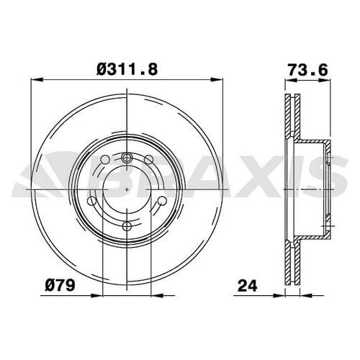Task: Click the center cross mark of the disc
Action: (127, 189)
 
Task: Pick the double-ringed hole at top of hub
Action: (127, 159)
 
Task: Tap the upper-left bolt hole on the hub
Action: (104, 160)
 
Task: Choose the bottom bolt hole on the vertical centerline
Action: (127, 226)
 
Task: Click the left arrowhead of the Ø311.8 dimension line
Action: (35, 81)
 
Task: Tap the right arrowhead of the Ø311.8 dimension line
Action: (219, 81)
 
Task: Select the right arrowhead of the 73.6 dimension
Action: (332, 81)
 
